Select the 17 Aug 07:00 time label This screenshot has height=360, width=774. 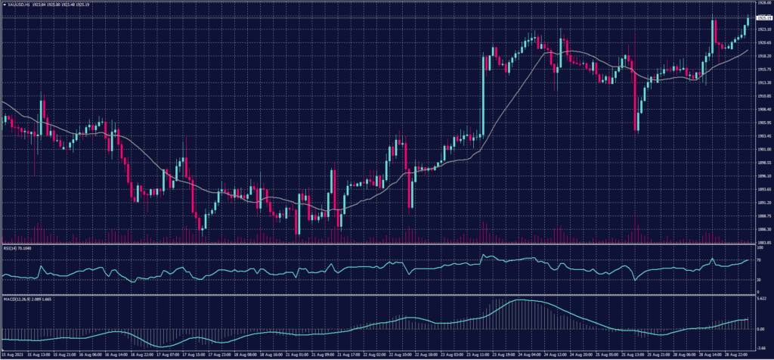(x=169, y=354)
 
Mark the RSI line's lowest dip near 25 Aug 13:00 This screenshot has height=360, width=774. (x=636, y=279)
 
